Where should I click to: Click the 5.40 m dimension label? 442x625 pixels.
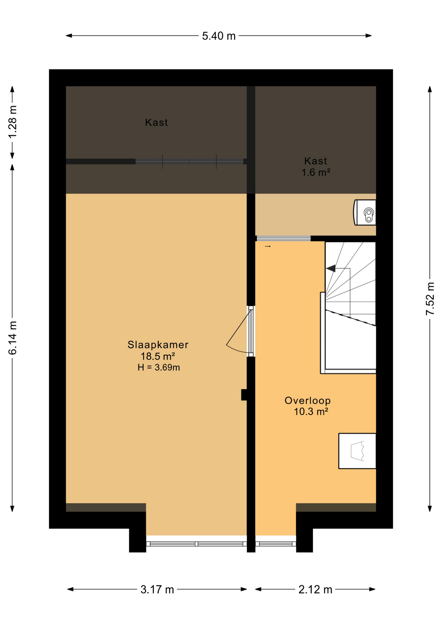tap(219, 36)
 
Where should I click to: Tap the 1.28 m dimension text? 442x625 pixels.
tap(12, 122)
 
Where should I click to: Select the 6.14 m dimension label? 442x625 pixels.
tap(12, 338)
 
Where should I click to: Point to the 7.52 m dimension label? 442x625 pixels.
tap(430, 299)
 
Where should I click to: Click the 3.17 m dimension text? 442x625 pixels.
tap(157, 590)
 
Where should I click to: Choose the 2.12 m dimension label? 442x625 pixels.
tap(315, 590)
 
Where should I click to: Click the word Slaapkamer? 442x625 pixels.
tap(158, 345)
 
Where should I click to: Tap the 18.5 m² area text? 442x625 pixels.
tap(158, 356)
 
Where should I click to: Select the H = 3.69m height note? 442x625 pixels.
tap(159, 368)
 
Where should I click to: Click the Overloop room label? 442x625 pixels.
tap(308, 401)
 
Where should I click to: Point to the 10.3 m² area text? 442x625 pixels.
tap(311, 412)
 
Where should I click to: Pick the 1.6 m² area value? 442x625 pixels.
tap(316, 172)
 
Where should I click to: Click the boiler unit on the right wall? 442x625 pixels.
tap(365, 213)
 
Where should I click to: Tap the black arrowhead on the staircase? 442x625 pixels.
tap(331, 269)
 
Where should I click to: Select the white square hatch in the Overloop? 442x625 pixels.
tap(357, 451)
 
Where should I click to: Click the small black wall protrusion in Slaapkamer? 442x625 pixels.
tap(244, 395)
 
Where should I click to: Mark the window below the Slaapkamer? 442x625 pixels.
tap(196, 544)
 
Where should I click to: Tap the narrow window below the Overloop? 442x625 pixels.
tap(276, 544)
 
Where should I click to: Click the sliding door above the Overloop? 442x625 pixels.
tap(283, 239)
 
